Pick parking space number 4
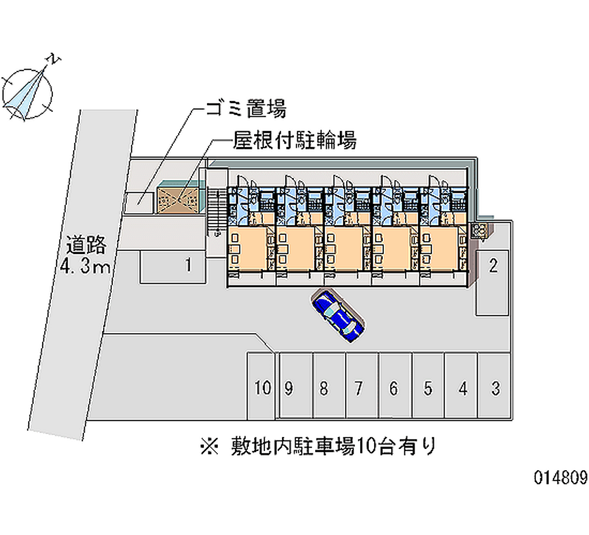coord(462,388)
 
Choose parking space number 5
coord(428,388)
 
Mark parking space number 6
coord(394,388)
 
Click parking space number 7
coord(359,388)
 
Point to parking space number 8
coord(324,388)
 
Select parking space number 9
coord(290,388)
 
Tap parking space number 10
coord(261,388)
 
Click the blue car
coord(338,315)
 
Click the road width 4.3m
coord(85,266)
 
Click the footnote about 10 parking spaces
coord(317,444)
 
